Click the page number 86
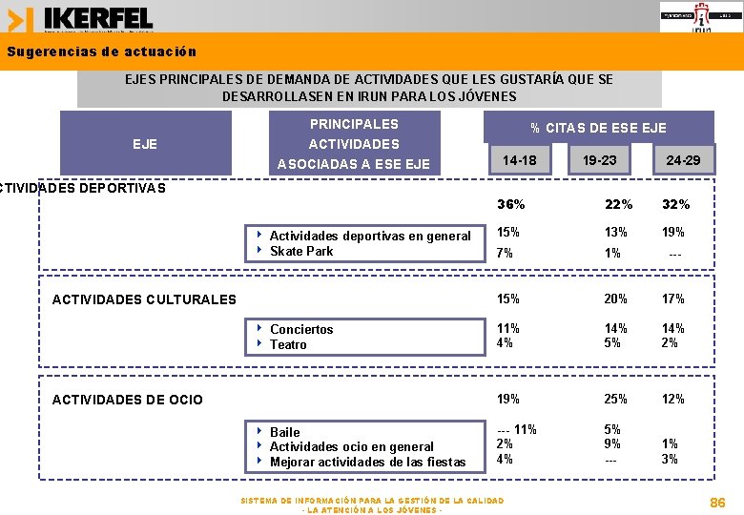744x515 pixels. click(717, 502)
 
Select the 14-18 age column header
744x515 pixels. click(520, 160)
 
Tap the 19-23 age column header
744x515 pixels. click(600, 160)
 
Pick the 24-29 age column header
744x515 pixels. click(683, 160)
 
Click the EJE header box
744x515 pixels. click(145, 144)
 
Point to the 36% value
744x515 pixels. click(511, 204)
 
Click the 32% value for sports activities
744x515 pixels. click(675, 204)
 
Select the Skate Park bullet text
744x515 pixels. click(301, 251)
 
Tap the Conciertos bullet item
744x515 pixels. click(301, 329)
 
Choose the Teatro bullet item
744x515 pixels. click(288, 344)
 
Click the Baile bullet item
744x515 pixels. click(284, 432)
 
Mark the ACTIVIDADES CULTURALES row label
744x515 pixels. click(144, 299)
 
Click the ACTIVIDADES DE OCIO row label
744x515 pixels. click(127, 400)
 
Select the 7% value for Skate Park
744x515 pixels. click(506, 253)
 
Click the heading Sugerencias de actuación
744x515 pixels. click(101, 51)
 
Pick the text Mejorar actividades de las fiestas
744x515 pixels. click(367, 463)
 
